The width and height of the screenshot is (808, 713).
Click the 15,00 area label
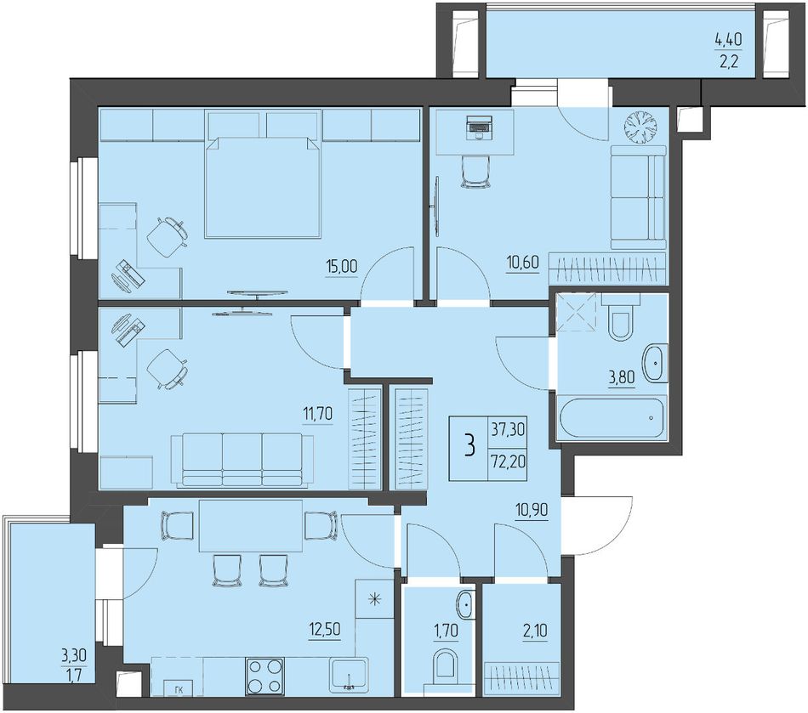tap(341, 266)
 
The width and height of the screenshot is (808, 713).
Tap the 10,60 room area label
tap(522, 262)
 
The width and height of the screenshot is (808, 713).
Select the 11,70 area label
tap(316, 412)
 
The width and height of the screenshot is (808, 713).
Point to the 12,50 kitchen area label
tap(325, 629)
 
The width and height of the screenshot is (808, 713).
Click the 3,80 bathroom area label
tap(622, 378)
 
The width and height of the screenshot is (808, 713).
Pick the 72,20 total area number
tap(508, 461)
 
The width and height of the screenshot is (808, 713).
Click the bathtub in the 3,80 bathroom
tap(612, 417)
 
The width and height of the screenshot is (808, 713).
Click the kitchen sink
tap(349, 675)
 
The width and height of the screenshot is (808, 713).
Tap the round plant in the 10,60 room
tap(641, 127)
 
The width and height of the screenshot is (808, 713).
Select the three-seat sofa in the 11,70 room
tap(242, 460)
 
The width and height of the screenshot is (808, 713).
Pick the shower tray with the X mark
tap(575, 311)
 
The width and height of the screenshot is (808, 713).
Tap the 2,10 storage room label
tap(535, 630)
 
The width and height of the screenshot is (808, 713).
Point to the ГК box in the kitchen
tap(178, 688)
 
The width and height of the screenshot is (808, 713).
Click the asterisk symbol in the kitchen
tap(374, 599)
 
